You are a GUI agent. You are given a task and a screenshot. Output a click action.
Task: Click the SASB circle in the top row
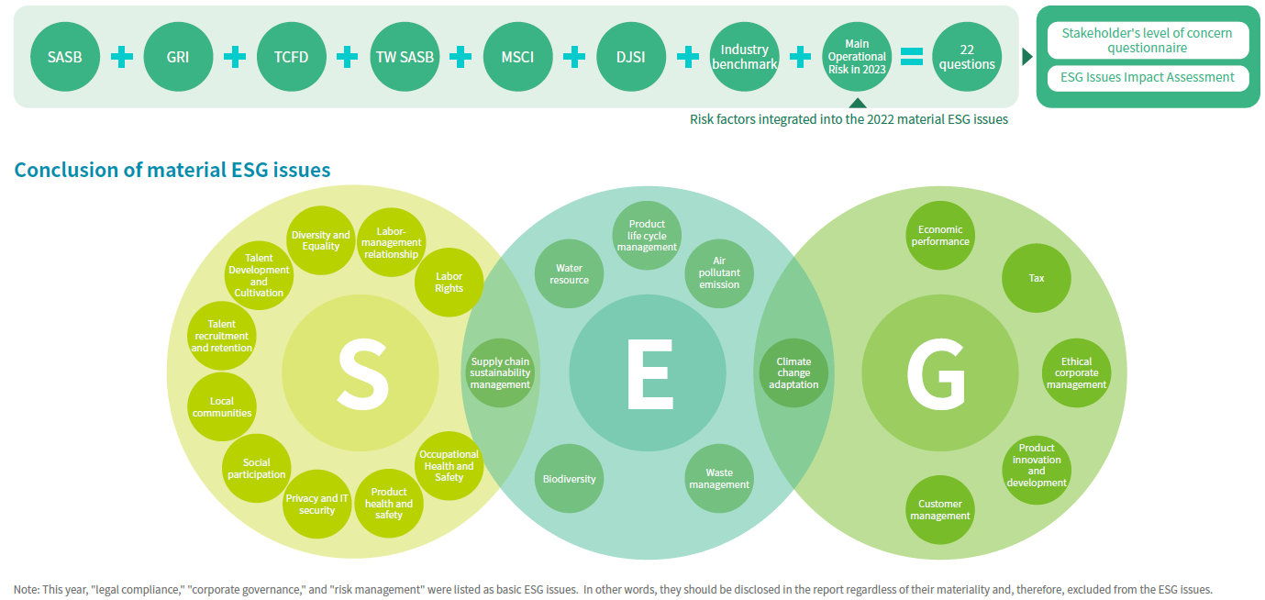64,57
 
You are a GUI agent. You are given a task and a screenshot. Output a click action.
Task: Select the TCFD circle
291,57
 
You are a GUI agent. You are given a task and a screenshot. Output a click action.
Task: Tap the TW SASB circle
405,57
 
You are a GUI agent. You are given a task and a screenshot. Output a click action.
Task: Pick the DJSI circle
631,57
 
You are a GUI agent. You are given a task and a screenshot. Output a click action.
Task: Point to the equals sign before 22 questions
910,57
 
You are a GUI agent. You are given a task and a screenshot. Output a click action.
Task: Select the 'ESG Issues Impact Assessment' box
1147,78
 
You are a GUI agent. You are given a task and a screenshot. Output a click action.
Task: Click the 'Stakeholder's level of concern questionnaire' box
1147,40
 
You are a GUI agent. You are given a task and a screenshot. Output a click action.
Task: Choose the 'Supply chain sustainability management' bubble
500,373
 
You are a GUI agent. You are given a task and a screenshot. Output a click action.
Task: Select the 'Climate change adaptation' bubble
793,373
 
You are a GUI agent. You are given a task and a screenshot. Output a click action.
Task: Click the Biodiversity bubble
569,479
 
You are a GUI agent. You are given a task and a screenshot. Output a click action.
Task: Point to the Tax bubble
1036,278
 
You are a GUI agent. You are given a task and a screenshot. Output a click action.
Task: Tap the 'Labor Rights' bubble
449,283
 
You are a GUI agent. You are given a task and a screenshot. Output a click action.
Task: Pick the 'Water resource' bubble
569,274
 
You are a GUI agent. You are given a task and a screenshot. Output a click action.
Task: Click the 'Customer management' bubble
939,510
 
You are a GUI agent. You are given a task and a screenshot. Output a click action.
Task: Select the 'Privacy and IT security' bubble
316,505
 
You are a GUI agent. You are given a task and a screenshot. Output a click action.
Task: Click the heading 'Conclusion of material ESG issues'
172,170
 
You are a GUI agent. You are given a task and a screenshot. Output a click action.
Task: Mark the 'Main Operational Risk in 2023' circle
856,57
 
